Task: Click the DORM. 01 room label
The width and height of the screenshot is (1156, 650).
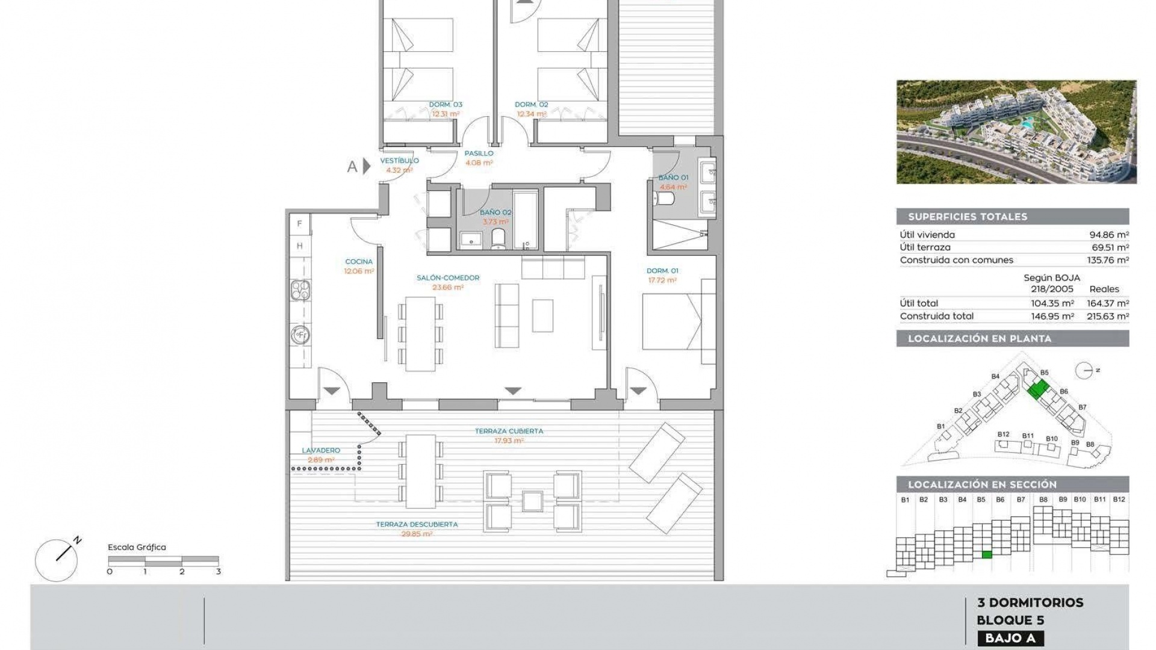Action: (x=662, y=271)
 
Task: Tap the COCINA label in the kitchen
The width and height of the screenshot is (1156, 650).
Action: (x=359, y=262)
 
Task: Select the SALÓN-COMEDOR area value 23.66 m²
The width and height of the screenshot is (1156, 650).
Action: (x=448, y=288)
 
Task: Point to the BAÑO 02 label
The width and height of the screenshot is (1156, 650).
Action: (x=496, y=212)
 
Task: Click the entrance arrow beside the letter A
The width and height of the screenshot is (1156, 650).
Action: (x=366, y=166)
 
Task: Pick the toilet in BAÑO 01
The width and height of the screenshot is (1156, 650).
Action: (x=667, y=199)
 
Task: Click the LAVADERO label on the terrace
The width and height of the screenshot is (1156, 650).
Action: (x=321, y=450)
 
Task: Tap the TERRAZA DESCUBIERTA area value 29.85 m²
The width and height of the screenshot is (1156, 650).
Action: (x=417, y=534)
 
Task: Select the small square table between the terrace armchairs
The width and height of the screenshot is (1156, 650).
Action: (x=533, y=501)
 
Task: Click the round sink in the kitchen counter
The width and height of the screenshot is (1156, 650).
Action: (x=300, y=334)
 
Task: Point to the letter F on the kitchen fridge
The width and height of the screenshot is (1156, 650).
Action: (x=300, y=224)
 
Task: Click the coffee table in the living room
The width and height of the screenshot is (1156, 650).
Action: (x=542, y=315)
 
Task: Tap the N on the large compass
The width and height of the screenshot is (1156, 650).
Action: (x=78, y=540)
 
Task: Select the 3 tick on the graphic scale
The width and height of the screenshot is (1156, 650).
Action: (x=219, y=572)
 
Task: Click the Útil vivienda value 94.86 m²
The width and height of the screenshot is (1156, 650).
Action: (x=1109, y=235)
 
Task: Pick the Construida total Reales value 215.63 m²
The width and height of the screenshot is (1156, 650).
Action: (x=1107, y=316)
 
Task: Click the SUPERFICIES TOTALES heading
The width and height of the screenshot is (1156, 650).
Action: (x=968, y=217)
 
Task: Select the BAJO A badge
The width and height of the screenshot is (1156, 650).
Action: (x=1010, y=638)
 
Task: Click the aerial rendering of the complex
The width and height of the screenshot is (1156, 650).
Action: (x=1016, y=132)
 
